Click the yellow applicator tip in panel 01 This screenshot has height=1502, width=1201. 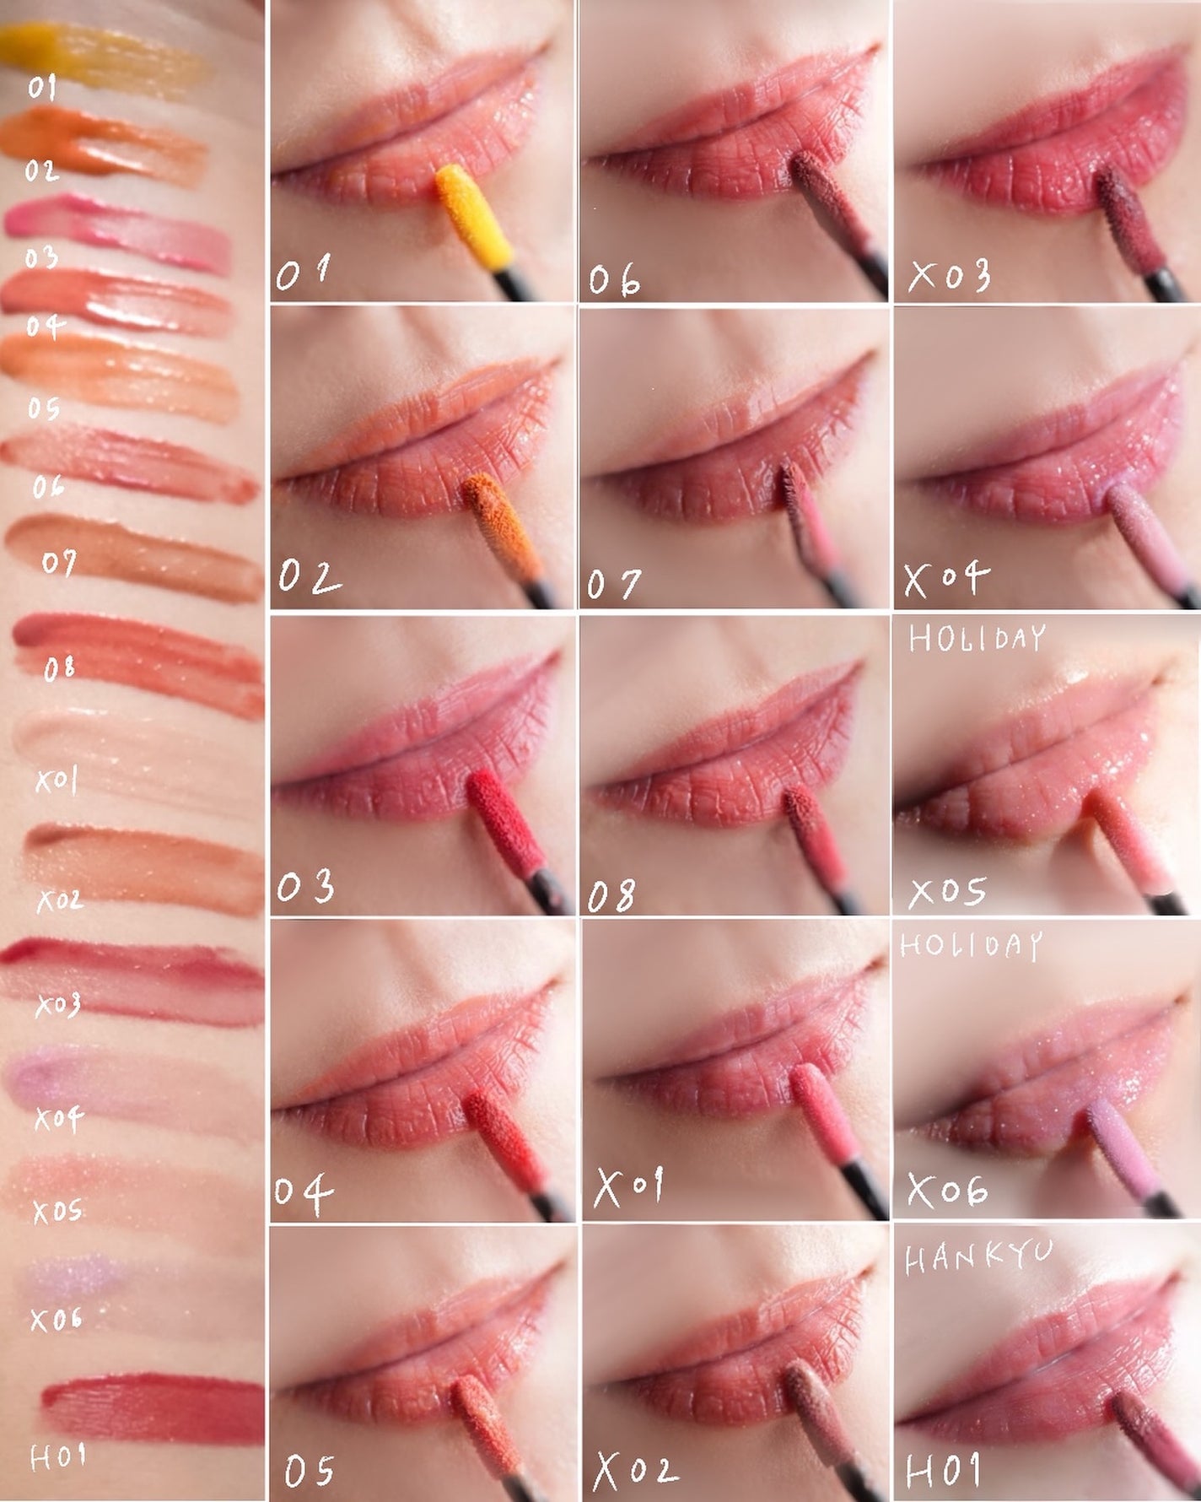476,216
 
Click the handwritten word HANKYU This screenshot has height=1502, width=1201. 978,1257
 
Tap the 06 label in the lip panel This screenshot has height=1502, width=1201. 614,279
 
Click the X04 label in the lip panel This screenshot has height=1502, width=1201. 945,579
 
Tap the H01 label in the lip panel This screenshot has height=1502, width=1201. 943,1470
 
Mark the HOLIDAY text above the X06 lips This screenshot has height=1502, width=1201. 971,944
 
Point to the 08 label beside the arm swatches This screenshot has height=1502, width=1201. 59,669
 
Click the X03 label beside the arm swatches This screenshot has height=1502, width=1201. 57,1005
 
